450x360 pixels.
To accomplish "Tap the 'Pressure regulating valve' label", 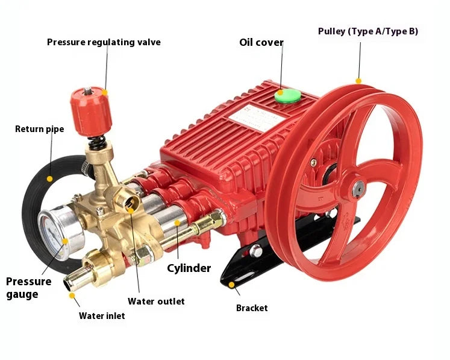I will click(104, 42).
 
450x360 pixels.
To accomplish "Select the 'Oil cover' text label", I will click(261, 42).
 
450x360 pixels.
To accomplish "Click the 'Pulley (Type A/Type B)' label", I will click(367, 31).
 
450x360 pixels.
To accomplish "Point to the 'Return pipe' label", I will click(39, 128).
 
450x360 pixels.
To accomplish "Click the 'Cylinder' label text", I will click(189, 268).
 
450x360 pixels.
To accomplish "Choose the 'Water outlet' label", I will click(156, 301).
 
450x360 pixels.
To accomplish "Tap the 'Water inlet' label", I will click(102, 315).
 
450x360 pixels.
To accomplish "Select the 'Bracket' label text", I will click(252, 308).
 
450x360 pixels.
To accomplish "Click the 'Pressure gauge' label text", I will click(29, 288).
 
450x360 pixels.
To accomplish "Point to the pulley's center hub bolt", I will click(357, 189).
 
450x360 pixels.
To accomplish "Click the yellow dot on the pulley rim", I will click(358, 80).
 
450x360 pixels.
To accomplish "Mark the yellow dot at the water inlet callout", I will click(72, 295).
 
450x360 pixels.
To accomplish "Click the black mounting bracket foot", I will click(235, 279).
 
